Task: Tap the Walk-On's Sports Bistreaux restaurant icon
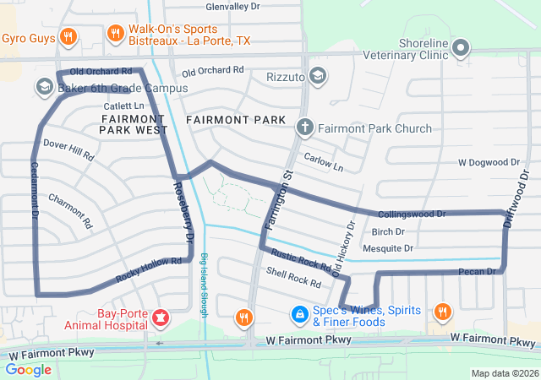116,34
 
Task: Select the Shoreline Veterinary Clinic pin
462,48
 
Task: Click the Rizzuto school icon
317,77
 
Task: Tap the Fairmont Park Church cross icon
305,128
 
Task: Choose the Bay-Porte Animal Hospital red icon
160,319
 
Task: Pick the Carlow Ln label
324,162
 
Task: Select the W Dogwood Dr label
489,161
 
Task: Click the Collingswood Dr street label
412,214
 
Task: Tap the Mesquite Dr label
387,248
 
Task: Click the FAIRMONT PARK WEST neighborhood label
132,125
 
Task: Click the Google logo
29,370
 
